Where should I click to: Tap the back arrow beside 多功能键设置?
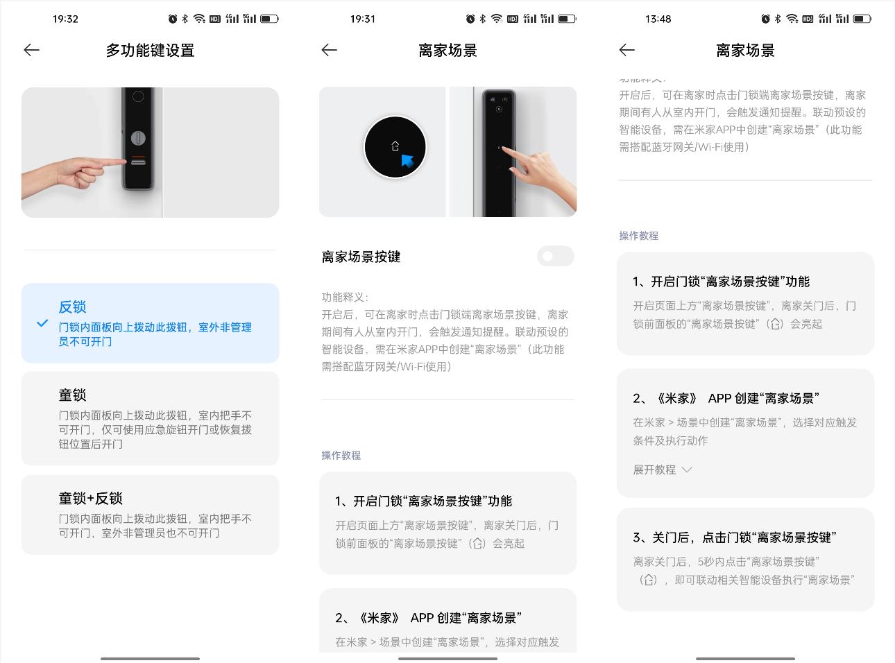pos(31,50)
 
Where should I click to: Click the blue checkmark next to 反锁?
pos(42,323)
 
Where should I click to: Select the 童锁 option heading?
pos(72,395)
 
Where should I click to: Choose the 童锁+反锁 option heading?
pos(90,498)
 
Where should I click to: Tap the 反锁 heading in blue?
pos(72,307)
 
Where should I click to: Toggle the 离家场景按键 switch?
pos(555,256)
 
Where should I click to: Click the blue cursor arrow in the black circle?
pos(407,161)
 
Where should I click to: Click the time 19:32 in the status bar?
pos(65,19)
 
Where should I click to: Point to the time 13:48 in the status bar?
pos(658,19)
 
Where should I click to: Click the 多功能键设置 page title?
pos(150,51)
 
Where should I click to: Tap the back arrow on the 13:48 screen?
pos(626,50)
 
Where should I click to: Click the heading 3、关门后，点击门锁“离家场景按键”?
pos(734,537)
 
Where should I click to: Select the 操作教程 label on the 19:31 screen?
pos(341,455)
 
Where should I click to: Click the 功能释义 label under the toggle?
pos(345,297)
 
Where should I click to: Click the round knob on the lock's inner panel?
pos(139,137)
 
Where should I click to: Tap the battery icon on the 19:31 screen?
pos(567,19)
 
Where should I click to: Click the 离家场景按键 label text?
pos(361,257)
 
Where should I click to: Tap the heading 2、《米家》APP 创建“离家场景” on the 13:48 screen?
pos(726,398)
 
